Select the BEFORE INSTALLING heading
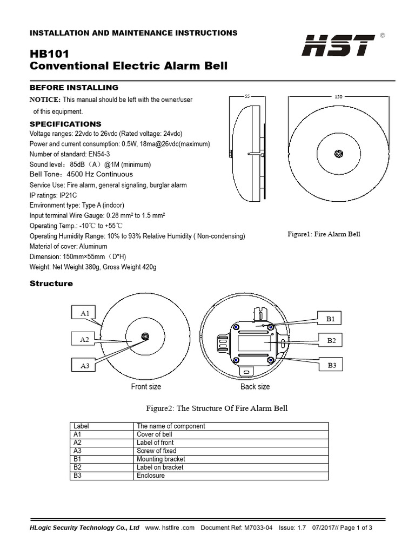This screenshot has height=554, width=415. click(x=73, y=88)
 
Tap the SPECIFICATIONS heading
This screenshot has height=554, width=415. click(x=65, y=124)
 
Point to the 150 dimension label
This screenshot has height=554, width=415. click(x=338, y=96)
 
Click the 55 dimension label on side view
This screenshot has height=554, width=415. click(x=247, y=96)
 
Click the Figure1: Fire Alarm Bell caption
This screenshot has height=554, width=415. click(x=324, y=234)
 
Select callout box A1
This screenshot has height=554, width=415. click(x=84, y=313)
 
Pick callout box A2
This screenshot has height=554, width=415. click(x=84, y=339)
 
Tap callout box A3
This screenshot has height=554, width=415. click(x=84, y=366)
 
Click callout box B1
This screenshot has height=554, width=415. click(x=331, y=319)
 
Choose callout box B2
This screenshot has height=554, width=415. click(x=331, y=340)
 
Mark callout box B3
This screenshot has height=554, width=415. click(x=331, y=366)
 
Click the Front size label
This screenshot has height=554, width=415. click(x=146, y=387)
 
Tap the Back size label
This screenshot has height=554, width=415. click(x=255, y=387)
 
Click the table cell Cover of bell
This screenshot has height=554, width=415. click(x=155, y=434)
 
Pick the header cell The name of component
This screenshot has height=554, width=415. click(x=171, y=426)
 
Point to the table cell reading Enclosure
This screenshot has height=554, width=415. click(x=151, y=476)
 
